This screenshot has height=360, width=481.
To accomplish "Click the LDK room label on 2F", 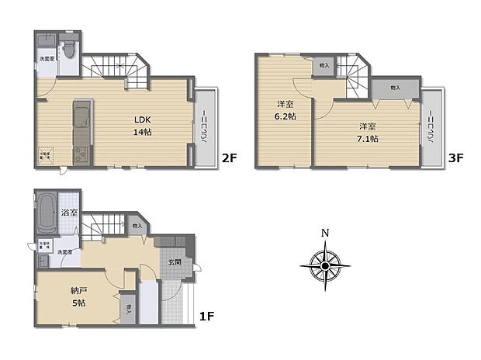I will (x=142, y=119).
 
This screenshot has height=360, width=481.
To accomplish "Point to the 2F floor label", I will (x=229, y=158).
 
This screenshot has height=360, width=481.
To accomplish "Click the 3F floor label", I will (x=455, y=158).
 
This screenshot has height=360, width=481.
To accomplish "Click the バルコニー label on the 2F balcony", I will (x=205, y=128).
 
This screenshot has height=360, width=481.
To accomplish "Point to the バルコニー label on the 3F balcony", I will (x=432, y=128).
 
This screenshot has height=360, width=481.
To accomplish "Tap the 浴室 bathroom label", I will (x=69, y=212).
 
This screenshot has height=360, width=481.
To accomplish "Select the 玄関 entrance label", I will (x=175, y=261).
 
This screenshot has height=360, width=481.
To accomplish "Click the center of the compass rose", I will (x=325, y=266).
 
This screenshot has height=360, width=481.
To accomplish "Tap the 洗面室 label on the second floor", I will (x=47, y=59).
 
